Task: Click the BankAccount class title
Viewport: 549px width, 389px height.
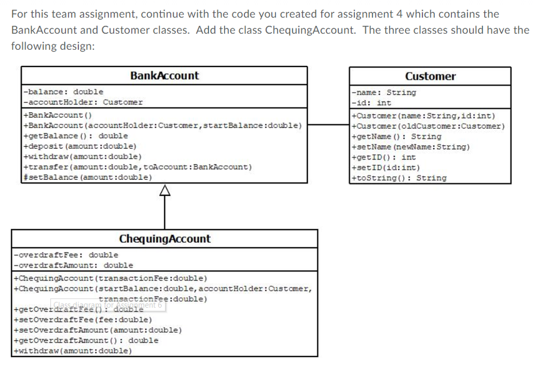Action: pyautogui.click(x=164, y=76)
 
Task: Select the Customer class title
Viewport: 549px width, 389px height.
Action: pyautogui.click(x=430, y=76)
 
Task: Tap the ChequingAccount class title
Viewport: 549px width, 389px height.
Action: pyautogui.click(x=165, y=239)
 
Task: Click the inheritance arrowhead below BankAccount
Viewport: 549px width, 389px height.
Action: pyautogui.click(x=165, y=190)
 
